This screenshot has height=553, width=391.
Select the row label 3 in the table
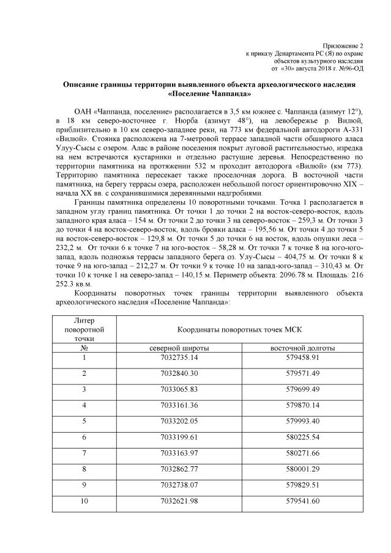[84, 389]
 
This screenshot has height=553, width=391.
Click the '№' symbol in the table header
[84, 347]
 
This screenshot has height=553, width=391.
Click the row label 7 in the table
[84, 453]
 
